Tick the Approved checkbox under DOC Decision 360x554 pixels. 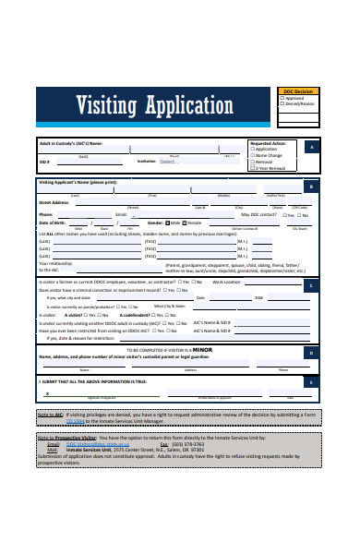(282, 97)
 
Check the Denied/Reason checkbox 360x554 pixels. (282, 103)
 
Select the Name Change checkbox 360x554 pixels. (254, 157)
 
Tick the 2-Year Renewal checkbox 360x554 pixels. (254, 169)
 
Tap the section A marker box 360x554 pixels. (312, 148)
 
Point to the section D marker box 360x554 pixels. (312, 326)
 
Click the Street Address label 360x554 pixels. (54, 200)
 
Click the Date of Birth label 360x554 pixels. (54, 223)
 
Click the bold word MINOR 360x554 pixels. (200, 324)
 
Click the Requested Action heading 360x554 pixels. (268, 144)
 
